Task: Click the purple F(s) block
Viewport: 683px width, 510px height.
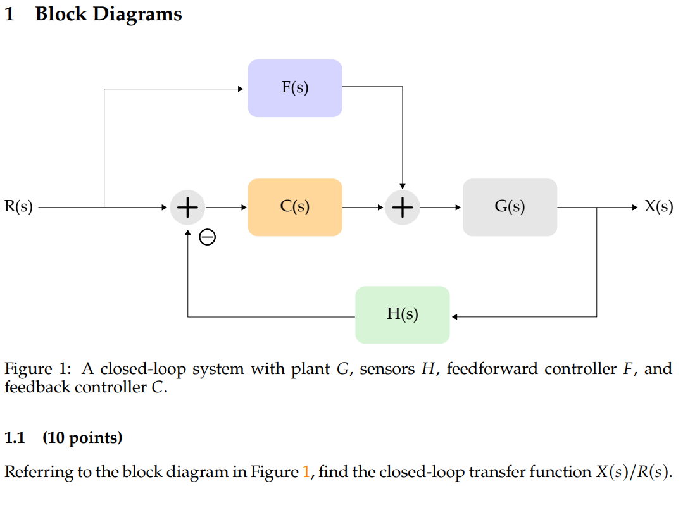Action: click(295, 89)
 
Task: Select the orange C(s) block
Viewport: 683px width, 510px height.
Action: click(295, 208)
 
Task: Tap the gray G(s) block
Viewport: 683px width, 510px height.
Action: click(510, 208)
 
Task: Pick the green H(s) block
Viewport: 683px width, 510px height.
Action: click(402, 315)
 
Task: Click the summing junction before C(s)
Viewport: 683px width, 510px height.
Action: click(187, 208)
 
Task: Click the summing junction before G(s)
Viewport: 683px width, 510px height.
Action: click(403, 208)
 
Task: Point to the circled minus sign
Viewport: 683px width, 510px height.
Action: click(207, 237)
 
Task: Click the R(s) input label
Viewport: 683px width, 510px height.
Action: click(18, 207)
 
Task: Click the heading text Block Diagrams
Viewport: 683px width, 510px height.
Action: click(108, 14)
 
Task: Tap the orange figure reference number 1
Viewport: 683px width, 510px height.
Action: click(307, 472)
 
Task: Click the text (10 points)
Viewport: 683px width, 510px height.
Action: click(82, 438)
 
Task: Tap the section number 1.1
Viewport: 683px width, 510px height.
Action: click(15, 438)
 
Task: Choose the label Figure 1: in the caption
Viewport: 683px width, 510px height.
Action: click(40, 369)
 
